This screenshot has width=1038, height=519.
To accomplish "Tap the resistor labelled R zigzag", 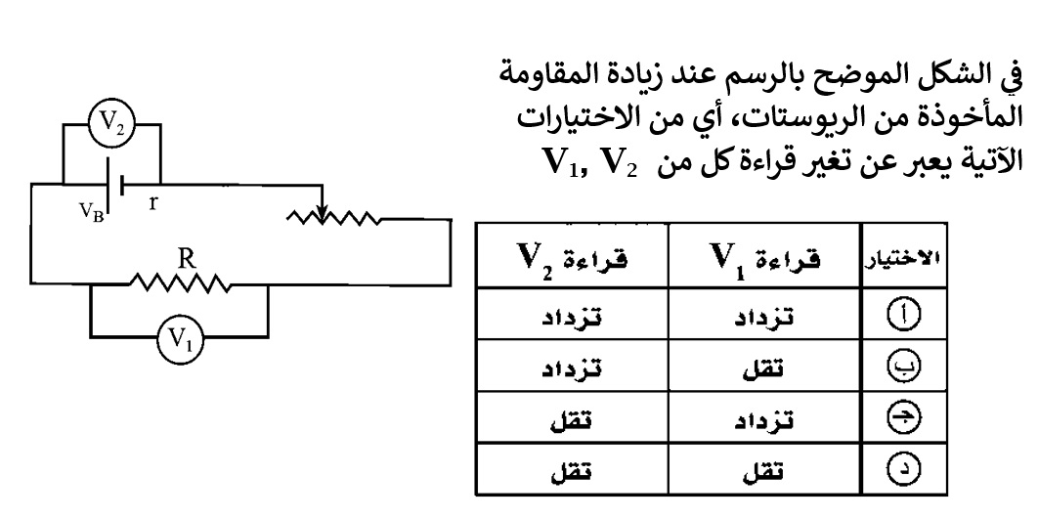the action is pos(180,283).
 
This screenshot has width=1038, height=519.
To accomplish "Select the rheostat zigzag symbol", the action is pos(333,218).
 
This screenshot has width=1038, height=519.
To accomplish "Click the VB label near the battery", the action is pos(91,212).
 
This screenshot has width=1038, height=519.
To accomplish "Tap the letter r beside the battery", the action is pos(152,202).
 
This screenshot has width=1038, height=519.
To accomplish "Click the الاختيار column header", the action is pos(904,258).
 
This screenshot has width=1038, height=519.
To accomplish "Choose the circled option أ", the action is pos(903,316).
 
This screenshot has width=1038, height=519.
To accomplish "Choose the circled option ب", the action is pos(903,367).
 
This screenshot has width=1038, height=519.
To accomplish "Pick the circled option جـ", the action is pos(903,417).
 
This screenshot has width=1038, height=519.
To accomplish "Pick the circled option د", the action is pos(903,469).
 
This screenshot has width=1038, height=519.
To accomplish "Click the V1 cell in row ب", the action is pos(764,367).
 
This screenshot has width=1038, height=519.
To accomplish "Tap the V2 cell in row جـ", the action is pos(571,418).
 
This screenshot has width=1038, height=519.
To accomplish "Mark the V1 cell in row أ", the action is pos(764,316).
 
